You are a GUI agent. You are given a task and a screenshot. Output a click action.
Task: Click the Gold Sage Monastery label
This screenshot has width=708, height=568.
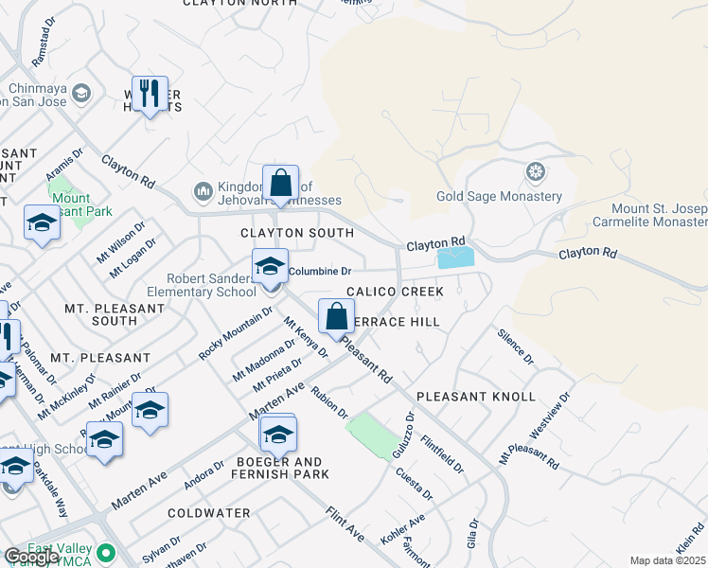click(499, 197)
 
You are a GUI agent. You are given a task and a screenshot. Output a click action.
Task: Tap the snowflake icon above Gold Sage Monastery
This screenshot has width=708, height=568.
click(536, 172)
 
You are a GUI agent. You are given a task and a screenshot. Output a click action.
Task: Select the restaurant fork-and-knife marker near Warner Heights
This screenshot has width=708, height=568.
click(150, 94)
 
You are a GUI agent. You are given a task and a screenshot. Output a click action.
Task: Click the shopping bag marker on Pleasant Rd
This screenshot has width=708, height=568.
click(336, 317)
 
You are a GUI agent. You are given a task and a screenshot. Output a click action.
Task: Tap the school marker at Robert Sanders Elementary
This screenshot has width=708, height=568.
click(270, 267)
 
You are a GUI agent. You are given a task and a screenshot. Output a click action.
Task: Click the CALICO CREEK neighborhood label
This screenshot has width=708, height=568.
click(395, 293)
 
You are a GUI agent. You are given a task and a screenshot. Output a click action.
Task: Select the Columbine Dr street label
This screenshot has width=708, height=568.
click(320, 271)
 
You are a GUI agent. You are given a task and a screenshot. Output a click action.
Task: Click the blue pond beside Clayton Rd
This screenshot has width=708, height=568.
click(456, 257)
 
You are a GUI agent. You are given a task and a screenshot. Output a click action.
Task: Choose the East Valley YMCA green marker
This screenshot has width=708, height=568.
click(106, 553)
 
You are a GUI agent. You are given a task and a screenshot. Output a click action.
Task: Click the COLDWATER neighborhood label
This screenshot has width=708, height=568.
click(208, 513)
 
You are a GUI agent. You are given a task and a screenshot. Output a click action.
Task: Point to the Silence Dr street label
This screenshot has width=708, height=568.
click(515, 346)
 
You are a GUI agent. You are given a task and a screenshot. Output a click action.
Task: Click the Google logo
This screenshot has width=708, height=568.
click(30, 557)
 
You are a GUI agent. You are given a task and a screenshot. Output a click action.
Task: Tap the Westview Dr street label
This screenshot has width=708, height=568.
click(550, 414)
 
